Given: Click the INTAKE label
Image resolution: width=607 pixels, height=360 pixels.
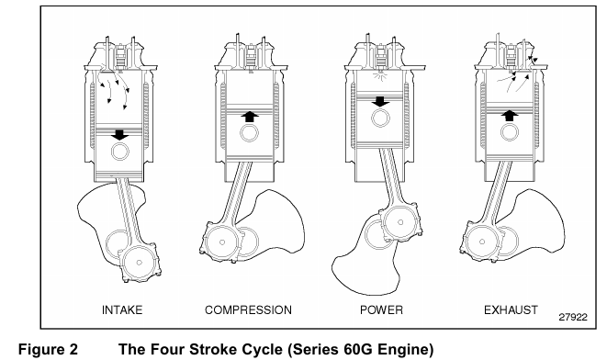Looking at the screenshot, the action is pyautogui.click(x=122, y=310).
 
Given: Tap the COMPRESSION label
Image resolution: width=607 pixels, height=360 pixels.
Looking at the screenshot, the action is pyautogui.click(x=248, y=310).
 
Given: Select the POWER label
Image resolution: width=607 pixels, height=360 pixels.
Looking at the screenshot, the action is pyautogui.click(x=381, y=310).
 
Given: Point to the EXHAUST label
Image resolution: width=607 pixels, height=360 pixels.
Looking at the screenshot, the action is pyautogui.click(x=511, y=310).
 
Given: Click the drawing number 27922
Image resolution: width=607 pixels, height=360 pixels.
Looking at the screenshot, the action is pyautogui.click(x=573, y=317).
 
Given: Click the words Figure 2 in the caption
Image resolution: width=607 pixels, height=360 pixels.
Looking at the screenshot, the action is pyautogui.click(x=48, y=349).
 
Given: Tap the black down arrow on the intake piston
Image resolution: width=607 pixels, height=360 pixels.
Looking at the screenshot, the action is pyautogui.click(x=119, y=135).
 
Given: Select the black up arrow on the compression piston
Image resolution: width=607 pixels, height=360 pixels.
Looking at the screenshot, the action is pyautogui.click(x=250, y=117).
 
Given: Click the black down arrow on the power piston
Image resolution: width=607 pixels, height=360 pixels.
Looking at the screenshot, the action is pyautogui.click(x=380, y=101).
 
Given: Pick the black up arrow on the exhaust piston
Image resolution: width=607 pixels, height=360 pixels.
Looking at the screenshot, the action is pyautogui.click(x=510, y=116).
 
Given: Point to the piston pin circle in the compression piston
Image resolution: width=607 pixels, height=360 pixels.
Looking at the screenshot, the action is pyautogui.click(x=249, y=132).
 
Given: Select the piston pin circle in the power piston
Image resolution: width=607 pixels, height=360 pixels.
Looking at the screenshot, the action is pyautogui.click(x=381, y=118).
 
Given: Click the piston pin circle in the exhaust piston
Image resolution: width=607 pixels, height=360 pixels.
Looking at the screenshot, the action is pyautogui.click(x=510, y=131).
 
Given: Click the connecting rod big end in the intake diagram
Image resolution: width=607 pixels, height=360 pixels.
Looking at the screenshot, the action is pyautogui.click(x=140, y=263).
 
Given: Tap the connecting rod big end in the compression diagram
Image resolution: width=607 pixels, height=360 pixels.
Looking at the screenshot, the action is pyautogui.click(x=222, y=242).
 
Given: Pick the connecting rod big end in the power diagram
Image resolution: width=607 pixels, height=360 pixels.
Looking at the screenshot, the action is pyautogui.click(x=400, y=222).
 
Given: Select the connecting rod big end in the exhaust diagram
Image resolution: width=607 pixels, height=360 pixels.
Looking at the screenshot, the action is pyautogui.click(x=482, y=242).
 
